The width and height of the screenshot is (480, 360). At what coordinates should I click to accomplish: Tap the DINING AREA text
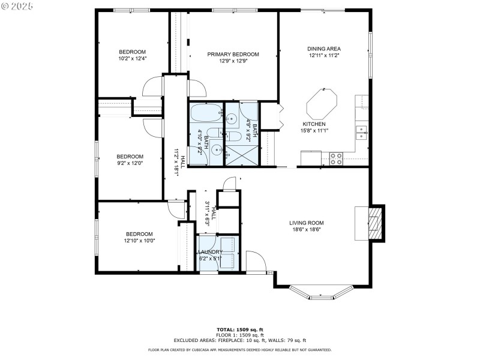point(324,49)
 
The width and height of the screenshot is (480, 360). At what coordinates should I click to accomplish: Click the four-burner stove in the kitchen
point(336,158)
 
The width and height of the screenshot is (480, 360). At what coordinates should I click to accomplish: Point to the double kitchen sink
point(362,131)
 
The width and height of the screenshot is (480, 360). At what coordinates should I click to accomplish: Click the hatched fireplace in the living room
point(374,223)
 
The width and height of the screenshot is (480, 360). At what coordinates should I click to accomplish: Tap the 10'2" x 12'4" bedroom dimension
point(131,58)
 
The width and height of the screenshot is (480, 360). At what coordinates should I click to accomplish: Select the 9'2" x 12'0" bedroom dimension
point(130,162)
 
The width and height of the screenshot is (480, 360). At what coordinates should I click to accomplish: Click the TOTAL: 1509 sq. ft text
point(239,329)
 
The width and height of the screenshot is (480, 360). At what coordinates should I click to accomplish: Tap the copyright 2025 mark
point(18,5)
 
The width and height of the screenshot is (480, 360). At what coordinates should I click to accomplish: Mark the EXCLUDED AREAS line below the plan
point(239,340)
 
